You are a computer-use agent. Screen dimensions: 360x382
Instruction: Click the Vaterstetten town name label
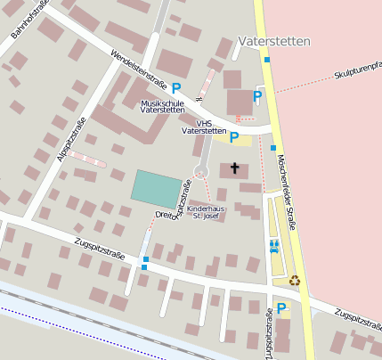274,42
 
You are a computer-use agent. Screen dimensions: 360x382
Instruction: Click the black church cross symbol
235,168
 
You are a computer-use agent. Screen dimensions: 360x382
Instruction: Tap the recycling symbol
294,280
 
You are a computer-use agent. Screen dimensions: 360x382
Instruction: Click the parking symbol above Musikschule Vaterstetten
176,88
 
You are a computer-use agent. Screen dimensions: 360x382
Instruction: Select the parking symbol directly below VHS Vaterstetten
234,137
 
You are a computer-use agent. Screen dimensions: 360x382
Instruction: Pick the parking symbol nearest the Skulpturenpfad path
258,96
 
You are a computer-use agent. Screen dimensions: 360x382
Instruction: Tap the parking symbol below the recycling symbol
281,308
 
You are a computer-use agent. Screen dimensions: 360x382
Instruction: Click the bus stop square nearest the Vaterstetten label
266,60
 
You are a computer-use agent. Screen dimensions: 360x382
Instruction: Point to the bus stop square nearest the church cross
273,148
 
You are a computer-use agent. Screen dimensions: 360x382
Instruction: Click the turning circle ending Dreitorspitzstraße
202,169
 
